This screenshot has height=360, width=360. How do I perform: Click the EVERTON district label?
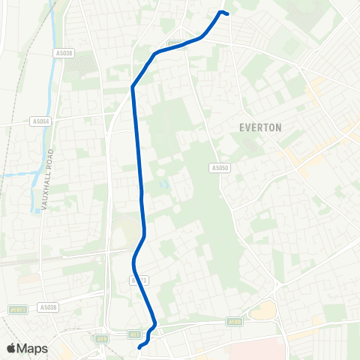tap(261, 127)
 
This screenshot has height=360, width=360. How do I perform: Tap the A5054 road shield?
tap(40, 121)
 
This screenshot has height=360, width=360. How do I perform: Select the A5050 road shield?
tap(219, 169)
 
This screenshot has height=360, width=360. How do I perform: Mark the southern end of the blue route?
tap(140, 347)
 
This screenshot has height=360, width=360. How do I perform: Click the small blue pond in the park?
tap(163, 182)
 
